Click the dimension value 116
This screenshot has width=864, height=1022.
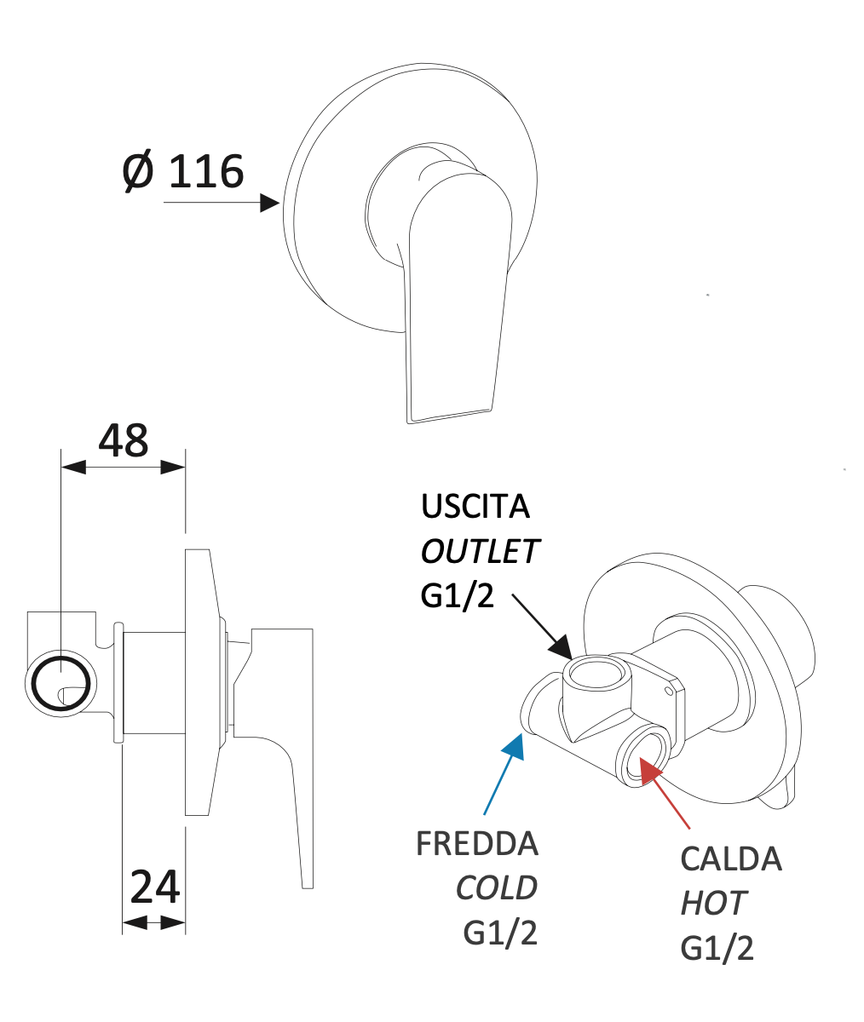pos(206,171)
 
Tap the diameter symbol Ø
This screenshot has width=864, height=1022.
pos(137,171)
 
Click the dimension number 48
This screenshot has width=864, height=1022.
pos(124,440)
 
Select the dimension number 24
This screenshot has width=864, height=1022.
pos(154,887)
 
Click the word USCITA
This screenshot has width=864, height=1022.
pos(475,508)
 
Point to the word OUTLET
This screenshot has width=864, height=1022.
pos(481,552)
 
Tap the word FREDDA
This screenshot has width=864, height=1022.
pos(477,844)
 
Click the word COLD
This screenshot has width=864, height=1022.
pos(497,888)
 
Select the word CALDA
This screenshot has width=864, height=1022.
pos(731,859)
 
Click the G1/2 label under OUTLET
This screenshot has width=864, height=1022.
pos(458,596)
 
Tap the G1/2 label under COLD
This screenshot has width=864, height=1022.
pos(500,933)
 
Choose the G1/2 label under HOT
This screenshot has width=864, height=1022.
pos(717,948)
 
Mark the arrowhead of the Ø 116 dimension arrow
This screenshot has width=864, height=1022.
pos(270,203)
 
